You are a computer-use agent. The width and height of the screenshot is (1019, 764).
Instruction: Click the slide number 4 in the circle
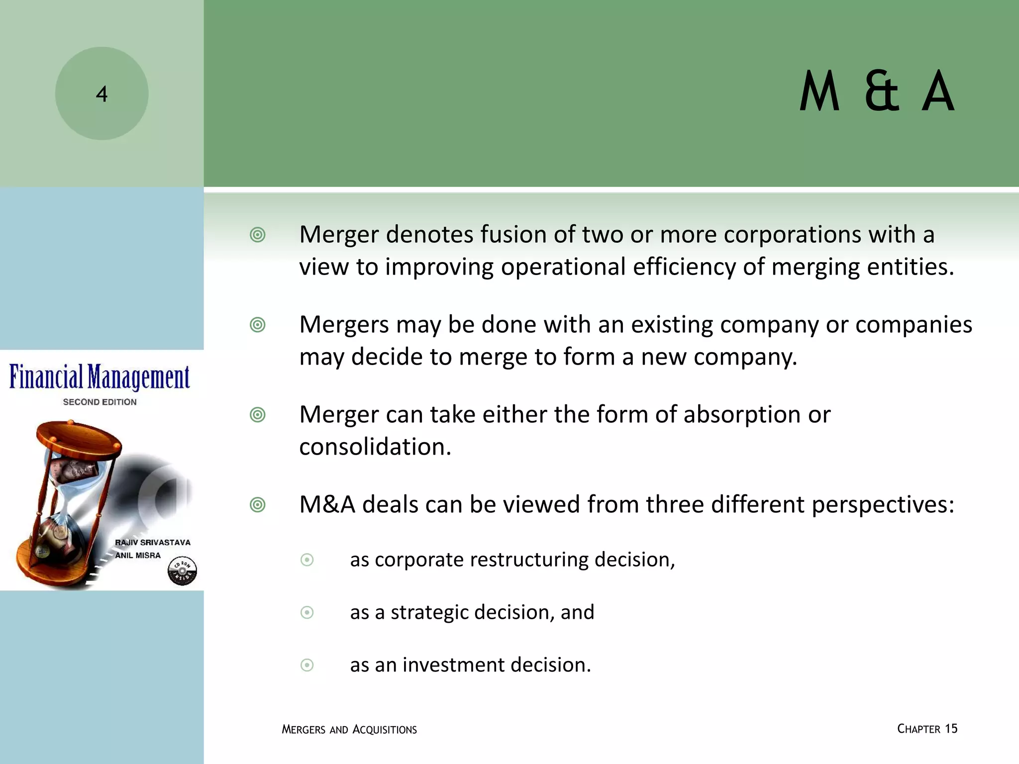click(102, 94)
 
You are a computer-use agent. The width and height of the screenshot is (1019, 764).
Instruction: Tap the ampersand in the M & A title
click(882, 93)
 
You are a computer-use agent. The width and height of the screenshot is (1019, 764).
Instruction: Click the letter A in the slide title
click(938, 93)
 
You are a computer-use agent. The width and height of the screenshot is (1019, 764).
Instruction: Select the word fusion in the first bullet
click(513, 234)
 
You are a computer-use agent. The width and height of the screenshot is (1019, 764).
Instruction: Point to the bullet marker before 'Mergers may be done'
click(257, 325)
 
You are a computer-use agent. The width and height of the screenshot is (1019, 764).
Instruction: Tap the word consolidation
click(375, 447)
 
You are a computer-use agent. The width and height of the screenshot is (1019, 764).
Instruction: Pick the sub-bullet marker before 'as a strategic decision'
click(307, 612)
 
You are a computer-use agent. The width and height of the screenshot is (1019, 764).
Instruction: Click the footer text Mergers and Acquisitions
click(349, 730)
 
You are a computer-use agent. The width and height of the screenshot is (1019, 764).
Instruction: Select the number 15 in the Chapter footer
click(951, 729)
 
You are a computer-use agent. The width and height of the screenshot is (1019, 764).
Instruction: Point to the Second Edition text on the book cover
click(100, 402)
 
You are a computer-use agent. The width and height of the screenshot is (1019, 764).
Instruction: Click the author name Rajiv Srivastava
click(152, 542)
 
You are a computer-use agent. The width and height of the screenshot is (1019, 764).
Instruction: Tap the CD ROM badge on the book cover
click(182, 571)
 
